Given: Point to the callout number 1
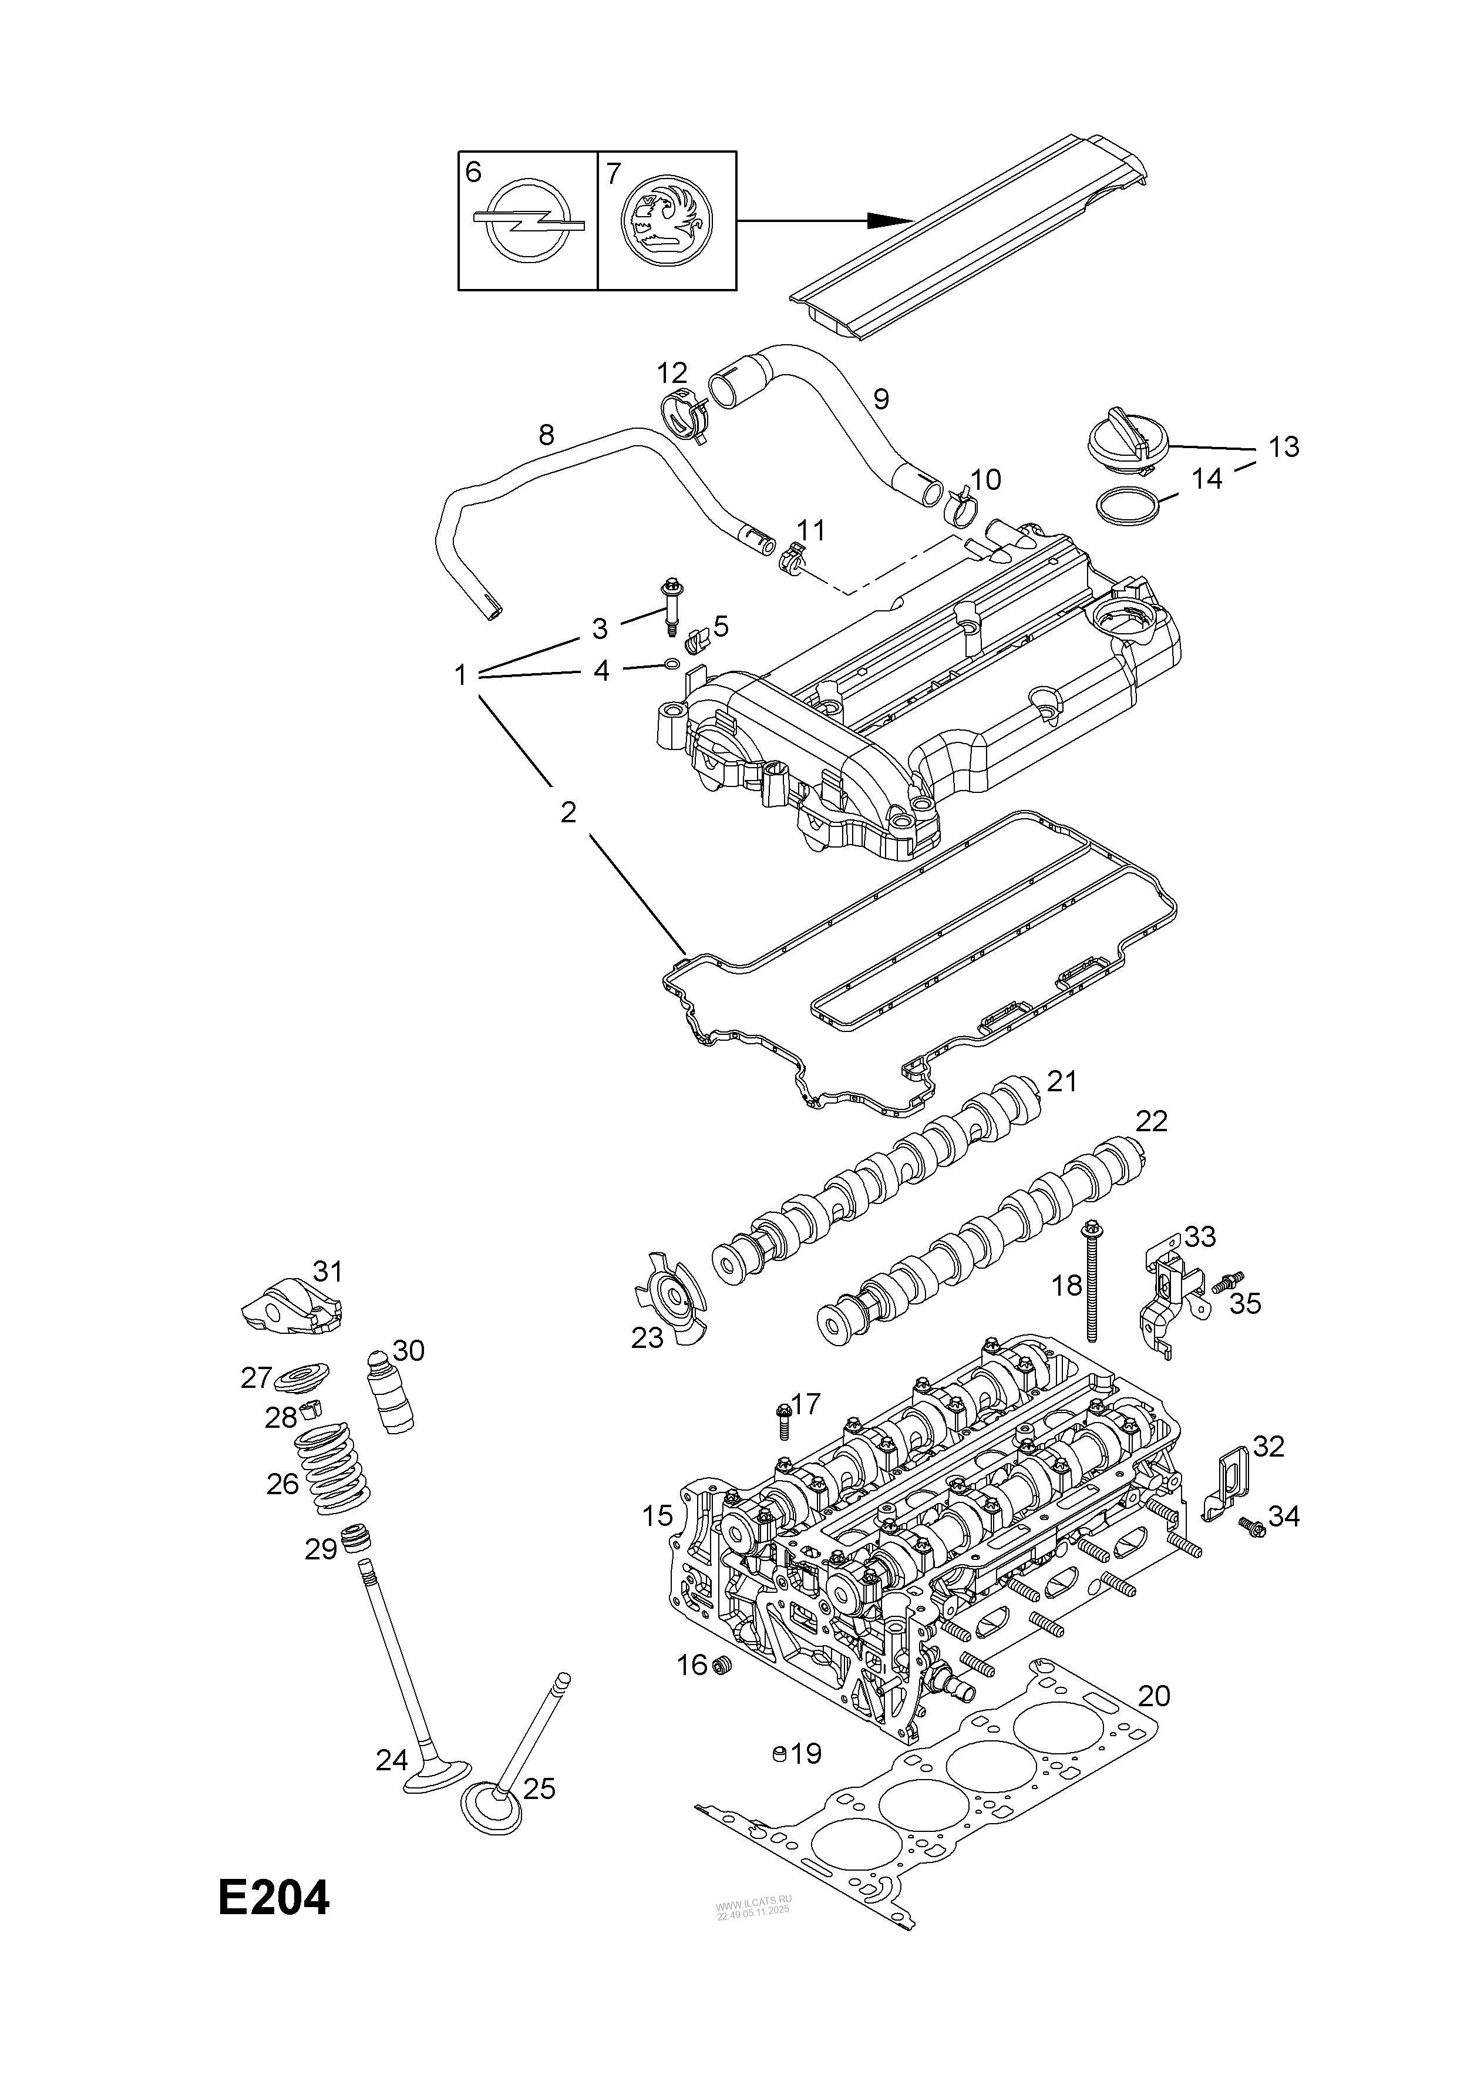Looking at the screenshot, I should point(460,675).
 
